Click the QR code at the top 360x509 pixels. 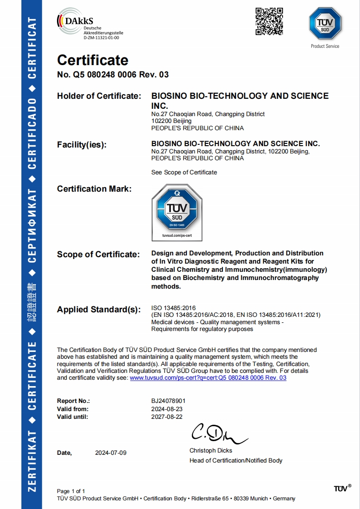coord(269,21)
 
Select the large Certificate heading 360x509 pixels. coord(93,60)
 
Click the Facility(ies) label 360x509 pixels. coord(82,145)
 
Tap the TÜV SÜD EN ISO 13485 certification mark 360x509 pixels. coord(177,212)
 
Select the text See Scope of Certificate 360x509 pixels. coord(184,173)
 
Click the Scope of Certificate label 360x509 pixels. coord(98,254)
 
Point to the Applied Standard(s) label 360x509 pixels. coord(98,310)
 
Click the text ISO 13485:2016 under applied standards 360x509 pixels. coord(173,308)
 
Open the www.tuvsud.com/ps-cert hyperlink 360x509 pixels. coord(208,378)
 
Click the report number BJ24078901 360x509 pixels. coord(168,401)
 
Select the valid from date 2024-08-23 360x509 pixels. coord(167,409)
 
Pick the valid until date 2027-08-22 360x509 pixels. coord(167,417)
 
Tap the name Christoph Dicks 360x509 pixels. coord(211,451)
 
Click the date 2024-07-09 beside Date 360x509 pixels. coord(111,453)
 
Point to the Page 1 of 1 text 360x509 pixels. coord(71,491)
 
